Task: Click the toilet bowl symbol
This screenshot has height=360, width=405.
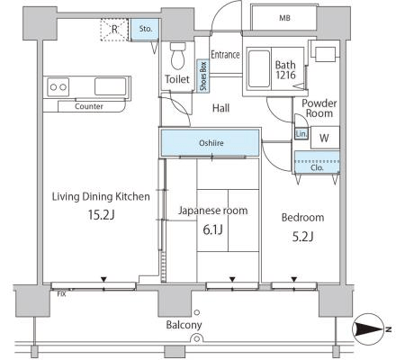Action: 178,56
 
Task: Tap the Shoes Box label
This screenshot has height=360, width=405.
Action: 203,76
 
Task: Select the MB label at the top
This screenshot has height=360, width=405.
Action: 284,18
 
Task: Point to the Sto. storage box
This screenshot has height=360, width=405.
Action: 146,29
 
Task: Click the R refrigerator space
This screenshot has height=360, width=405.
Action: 114,30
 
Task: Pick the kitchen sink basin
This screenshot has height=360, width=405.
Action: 111,86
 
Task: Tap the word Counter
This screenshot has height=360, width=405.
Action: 89,106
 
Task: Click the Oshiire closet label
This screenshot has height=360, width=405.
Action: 211,143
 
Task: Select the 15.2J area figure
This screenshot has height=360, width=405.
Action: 102,215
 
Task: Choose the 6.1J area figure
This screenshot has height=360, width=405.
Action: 212,230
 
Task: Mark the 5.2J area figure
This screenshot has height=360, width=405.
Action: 302,237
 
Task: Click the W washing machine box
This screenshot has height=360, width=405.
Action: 325,138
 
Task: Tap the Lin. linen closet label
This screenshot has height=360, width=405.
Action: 301,134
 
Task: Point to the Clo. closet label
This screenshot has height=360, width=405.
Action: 317,167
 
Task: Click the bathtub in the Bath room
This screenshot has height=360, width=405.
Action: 259,69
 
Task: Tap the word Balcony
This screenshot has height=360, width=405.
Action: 184,325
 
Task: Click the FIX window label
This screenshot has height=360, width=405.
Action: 61,294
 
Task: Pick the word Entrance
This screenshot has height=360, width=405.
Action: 225,54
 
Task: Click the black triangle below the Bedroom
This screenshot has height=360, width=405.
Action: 294,279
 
